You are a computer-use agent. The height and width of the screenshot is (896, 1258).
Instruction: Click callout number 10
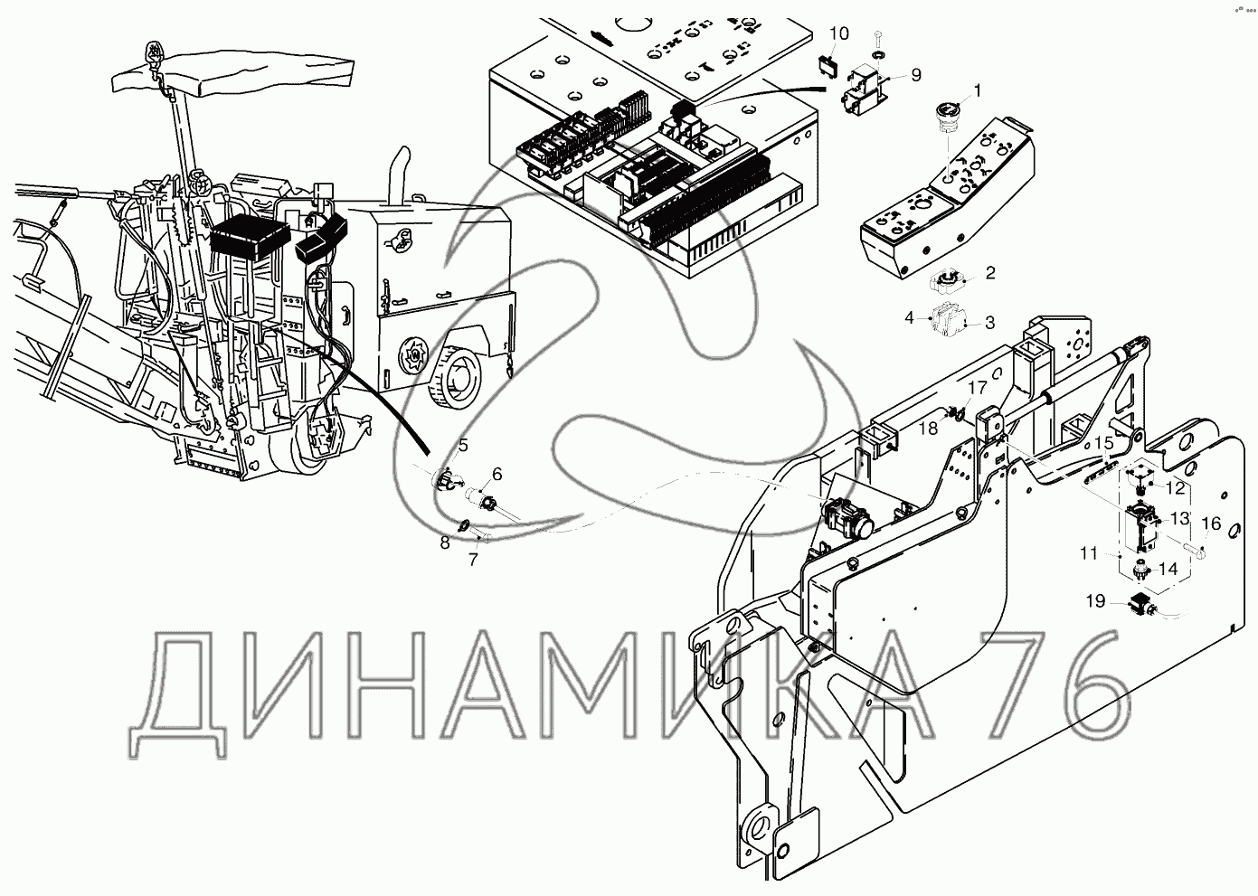click(838, 33)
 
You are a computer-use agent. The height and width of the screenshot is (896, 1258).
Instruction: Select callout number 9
click(915, 75)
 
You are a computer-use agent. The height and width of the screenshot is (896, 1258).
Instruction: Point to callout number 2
click(990, 272)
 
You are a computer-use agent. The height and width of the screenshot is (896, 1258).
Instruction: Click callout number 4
click(910, 317)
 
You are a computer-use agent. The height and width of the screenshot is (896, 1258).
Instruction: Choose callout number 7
click(472, 559)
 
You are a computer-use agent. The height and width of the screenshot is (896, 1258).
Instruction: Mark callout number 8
click(445, 542)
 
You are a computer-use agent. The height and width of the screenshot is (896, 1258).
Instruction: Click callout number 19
click(1095, 599)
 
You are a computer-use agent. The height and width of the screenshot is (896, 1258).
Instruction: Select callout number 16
click(1210, 523)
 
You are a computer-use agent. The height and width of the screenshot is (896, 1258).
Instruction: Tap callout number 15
click(1103, 443)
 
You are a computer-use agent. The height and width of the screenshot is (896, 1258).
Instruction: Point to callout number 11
click(1087, 552)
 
